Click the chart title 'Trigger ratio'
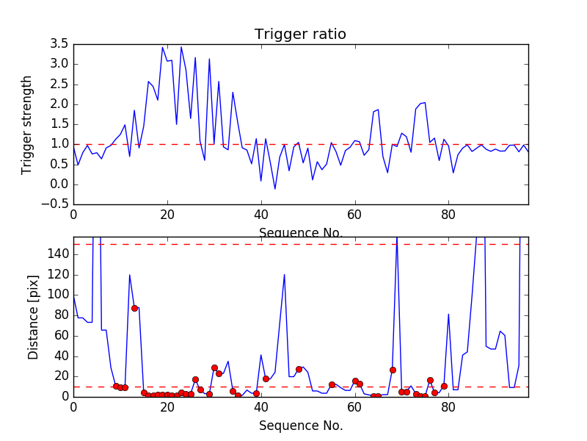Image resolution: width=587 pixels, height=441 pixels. click(300, 35)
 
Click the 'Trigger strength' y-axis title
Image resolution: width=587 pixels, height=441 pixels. click(27, 124)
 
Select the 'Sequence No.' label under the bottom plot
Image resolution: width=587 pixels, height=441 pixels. click(301, 426)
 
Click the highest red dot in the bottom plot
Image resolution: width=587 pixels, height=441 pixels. click(134, 308)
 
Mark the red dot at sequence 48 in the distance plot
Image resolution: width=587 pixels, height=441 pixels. click(299, 369)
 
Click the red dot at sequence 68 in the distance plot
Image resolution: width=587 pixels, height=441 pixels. click(393, 370)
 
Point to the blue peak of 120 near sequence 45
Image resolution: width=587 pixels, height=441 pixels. click(284, 275)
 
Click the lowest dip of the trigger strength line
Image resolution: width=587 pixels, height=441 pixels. click(275, 189)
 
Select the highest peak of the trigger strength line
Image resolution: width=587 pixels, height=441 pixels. click(162, 47)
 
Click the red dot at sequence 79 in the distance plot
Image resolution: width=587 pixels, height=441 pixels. click(444, 386)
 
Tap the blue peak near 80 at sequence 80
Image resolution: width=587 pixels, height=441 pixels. click(448, 314)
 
